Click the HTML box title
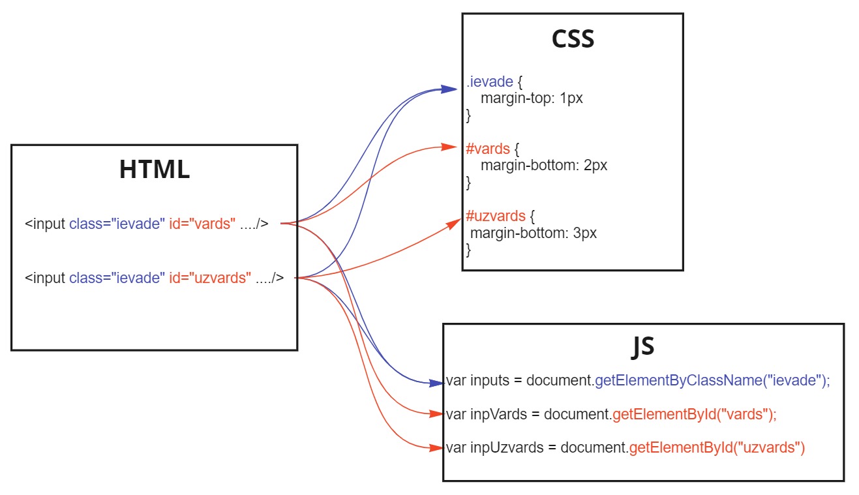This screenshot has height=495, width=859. pyautogui.click(x=155, y=170)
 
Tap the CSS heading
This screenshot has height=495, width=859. pyautogui.click(x=573, y=39)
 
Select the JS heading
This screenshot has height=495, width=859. pyautogui.click(x=643, y=346)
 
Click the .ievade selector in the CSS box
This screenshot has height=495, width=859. pyautogui.click(x=489, y=83)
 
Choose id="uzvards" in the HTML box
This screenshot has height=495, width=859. pyautogui.click(x=210, y=278)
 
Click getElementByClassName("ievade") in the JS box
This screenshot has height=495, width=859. pyautogui.click(x=712, y=381)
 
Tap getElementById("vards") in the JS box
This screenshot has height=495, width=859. pyautogui.click(x=694, y=414)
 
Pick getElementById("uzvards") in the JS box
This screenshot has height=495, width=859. pyautogui.click(x=717, y=448)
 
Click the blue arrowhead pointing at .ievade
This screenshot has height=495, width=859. pyautogui.click(x=450, y=89)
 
